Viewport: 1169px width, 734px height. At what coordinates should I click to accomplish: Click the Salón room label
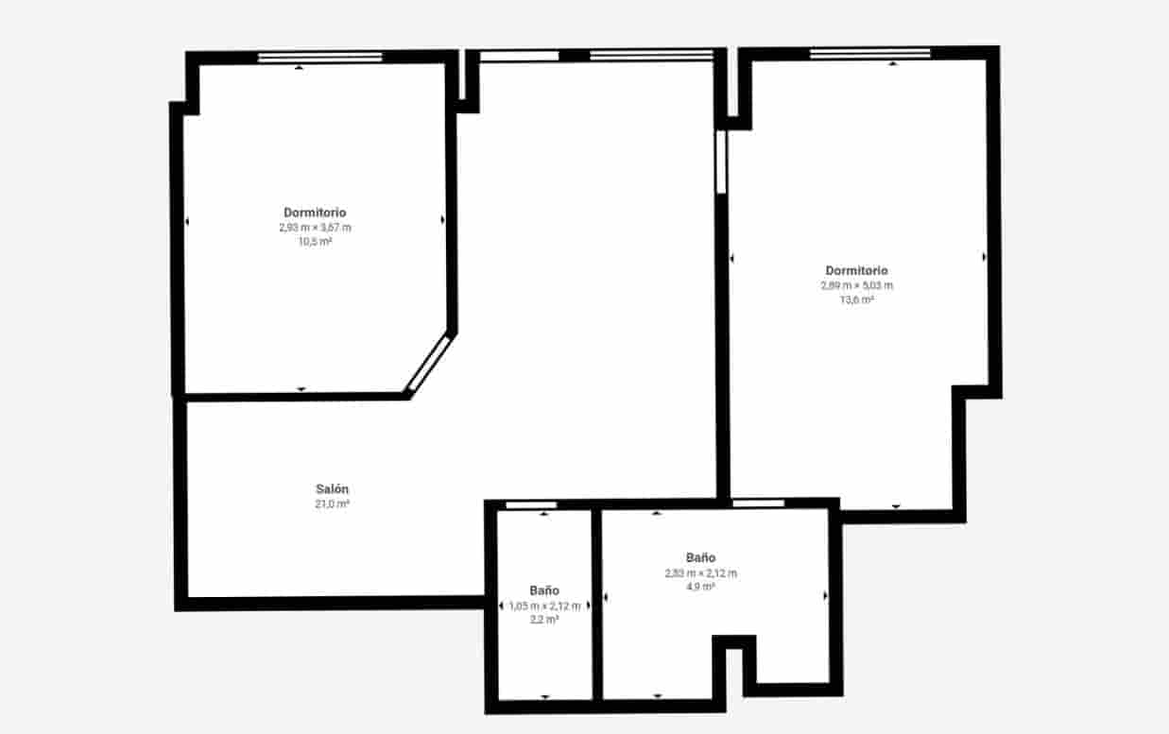pyautogui.click(x=332, y=489)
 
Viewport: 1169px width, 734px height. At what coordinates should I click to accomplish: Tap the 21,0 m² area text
pyautogui.click(x=332, y=504)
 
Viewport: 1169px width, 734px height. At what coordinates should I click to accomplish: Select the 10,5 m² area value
pyautogui.click(x=315, y=242)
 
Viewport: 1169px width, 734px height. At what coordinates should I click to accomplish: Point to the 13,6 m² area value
pyautogui.click(x=856, y=299)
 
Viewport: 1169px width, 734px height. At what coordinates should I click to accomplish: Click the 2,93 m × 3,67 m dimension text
pyautogui.click(x=315, y=228)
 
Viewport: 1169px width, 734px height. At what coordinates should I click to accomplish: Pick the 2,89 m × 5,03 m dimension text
pyautogui.click(x=856, y=285)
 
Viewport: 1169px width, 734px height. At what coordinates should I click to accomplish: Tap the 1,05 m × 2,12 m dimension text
pyautogui.click(x=544, y=606)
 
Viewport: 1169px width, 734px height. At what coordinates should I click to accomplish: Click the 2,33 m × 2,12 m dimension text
pyautogui.click(x=700, y=572)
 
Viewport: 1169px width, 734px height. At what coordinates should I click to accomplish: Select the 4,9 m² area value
pyautogui.click(x=700, y=587)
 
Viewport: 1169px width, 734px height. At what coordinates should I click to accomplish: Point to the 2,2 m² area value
pyautogui.click(x=544, y=620)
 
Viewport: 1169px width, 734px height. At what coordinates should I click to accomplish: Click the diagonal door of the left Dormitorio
pyautogui.click(x=427, y=362)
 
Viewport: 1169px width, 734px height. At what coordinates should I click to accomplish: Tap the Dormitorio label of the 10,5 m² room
pyautogui.click(x=315, y=213)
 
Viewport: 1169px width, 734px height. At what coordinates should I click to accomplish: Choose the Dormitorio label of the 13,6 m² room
pyautogui.click(x=856, y=271)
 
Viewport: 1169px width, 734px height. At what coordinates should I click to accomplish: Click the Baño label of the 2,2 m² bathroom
pyautogui.click(x=544, y=590)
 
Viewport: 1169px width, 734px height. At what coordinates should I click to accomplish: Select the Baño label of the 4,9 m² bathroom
pyautogui.click(x=700, y=557)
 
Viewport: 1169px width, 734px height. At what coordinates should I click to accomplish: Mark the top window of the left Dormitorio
pyautogui.click(x=320, y=58)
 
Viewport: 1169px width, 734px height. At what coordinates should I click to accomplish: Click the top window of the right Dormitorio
pyautogui.click(x=869, y=53)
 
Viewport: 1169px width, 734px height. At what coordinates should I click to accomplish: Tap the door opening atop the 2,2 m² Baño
pyautogui.click(x=531, y=505)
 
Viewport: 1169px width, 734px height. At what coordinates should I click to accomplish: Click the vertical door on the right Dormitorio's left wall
pyautogui.click(x=721, y=162)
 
